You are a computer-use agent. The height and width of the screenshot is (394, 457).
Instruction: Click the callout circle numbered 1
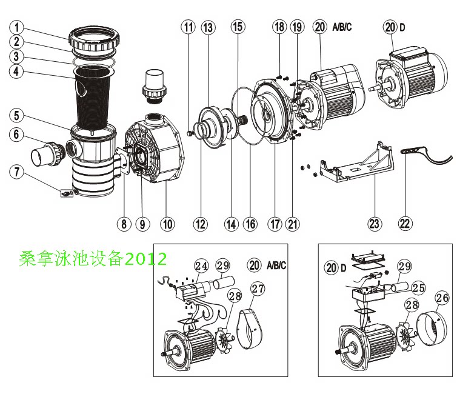[18, 27]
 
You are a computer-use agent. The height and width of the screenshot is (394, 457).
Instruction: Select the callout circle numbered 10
[167, 224]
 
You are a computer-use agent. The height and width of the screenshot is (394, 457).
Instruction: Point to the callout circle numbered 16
[250, 224]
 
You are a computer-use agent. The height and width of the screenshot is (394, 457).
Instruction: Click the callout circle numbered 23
[375, 224]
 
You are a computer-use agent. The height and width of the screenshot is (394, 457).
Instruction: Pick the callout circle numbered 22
[405, 224]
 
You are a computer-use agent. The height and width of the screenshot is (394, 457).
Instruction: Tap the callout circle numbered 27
[258, 289]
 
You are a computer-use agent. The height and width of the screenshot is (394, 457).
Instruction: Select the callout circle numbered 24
[201, 265]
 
